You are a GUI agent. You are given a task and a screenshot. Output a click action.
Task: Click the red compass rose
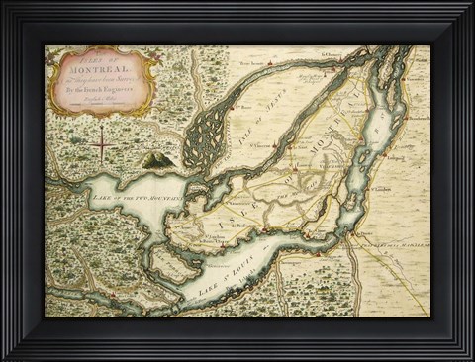pyautogui.click(x=100, y=146)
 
